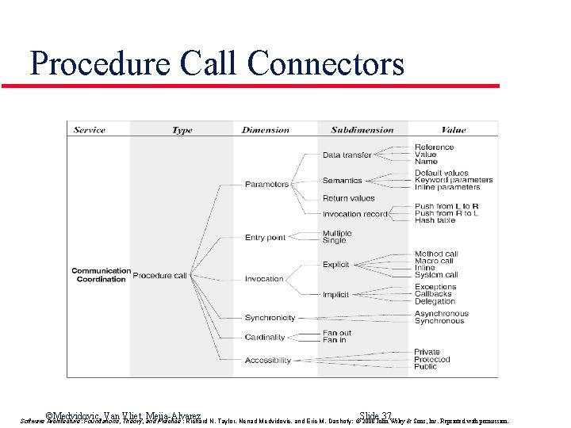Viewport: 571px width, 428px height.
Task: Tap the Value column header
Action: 454,130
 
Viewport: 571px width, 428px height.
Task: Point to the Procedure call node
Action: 159,276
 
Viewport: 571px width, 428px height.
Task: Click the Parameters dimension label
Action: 266,185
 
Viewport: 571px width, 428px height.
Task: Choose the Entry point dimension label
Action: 265,238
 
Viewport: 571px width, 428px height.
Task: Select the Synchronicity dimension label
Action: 270,318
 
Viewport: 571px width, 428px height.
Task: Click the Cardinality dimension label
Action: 265,338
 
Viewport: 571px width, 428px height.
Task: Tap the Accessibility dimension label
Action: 268,361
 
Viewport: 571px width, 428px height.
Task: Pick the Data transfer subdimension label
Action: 347,155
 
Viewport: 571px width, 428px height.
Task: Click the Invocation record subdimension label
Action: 354,214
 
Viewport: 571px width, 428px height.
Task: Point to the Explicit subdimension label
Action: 336,265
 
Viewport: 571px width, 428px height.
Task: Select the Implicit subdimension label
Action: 335,295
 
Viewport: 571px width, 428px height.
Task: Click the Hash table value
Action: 435,220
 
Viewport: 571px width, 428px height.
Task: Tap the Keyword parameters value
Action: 453,180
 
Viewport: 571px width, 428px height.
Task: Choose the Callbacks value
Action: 433,294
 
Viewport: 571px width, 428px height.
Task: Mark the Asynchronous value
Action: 441,314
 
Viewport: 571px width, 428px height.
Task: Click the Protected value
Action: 432,360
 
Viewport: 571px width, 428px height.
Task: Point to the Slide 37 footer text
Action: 375,416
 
